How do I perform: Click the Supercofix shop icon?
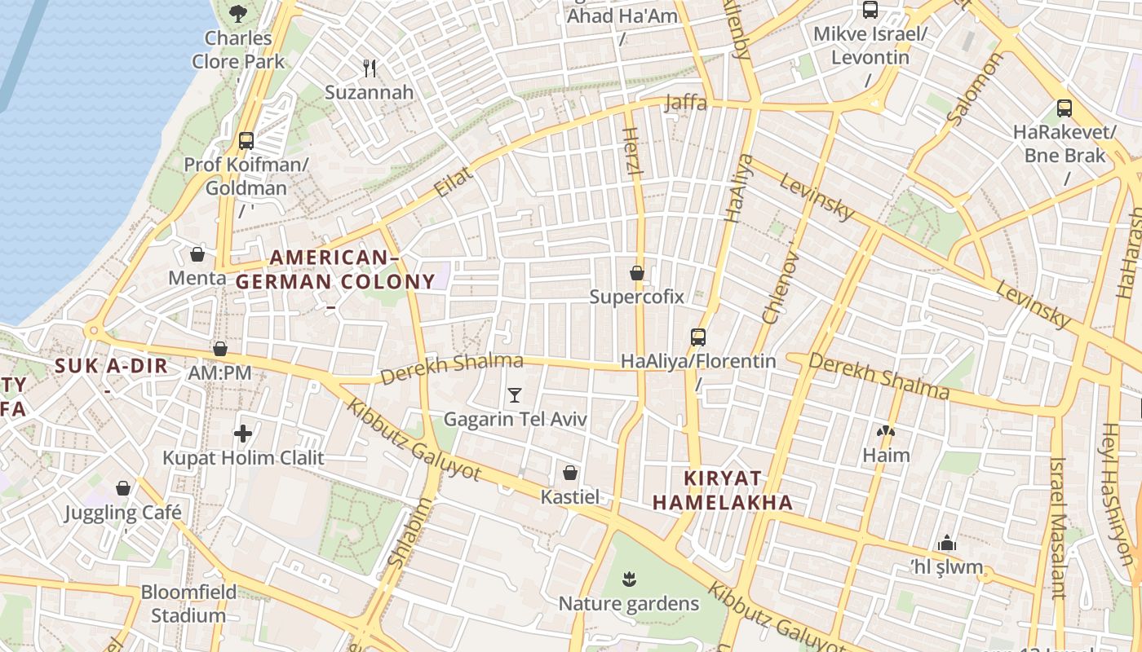tap(637, 273)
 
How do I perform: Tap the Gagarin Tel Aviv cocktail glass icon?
tap(514, 395)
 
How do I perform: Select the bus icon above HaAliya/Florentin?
tap(697, 337)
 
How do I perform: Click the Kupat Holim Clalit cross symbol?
tap(242, 434)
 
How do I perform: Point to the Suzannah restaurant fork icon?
tap(370, 68)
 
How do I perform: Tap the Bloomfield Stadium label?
tap(188, 603)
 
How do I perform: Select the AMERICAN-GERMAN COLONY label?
tap(335, 270)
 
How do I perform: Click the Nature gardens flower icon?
tap(628, 579)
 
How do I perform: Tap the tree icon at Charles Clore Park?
tap(237, 13)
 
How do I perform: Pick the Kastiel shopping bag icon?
tap(570, 473)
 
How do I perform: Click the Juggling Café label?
tap(123, 513)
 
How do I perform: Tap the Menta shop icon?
tap(197, 254)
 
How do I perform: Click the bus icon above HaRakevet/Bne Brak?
tap(1064, 108)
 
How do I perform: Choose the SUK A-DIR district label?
tap(111, 366)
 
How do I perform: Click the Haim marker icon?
tap(885, 431)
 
